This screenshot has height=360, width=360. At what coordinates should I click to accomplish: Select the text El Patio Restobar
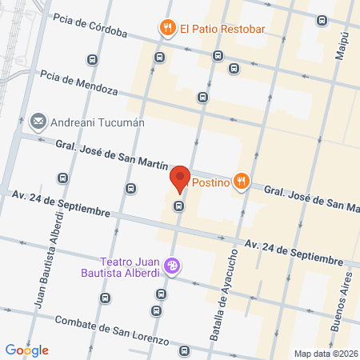[222, 30]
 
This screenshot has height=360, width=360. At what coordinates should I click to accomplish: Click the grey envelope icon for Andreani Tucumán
[38, 122]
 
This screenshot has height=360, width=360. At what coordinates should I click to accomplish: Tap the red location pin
[180, 178]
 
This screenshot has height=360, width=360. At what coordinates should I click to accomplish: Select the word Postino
[208, 182]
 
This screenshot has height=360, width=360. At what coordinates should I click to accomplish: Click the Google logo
[26, 350]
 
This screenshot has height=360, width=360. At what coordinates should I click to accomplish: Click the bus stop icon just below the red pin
[179, 206]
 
